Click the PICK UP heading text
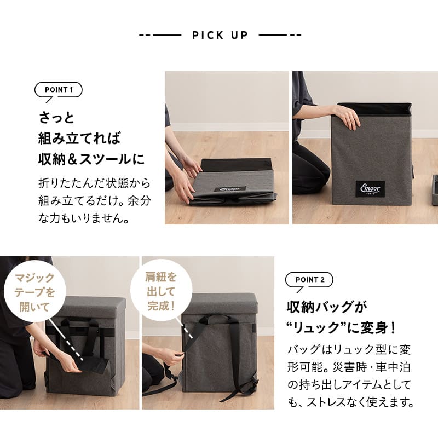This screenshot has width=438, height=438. pos(220,36)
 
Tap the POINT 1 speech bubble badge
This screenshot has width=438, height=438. pos(58,90)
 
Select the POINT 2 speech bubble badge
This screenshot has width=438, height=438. pos(309,280)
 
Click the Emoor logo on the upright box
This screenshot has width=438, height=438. pos(370,188)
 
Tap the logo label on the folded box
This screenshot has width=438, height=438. pos(229,189)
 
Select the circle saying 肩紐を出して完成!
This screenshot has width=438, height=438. pos(162,290)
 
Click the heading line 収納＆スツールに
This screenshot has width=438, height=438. pos(91,159)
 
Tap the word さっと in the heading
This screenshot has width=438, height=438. pos(56,118)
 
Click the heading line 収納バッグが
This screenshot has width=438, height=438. pos(326,307)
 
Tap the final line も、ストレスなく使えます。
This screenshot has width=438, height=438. pos(350,402)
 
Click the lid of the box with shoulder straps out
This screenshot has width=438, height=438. pos(219,303)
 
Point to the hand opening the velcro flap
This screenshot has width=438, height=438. pos(68,361)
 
